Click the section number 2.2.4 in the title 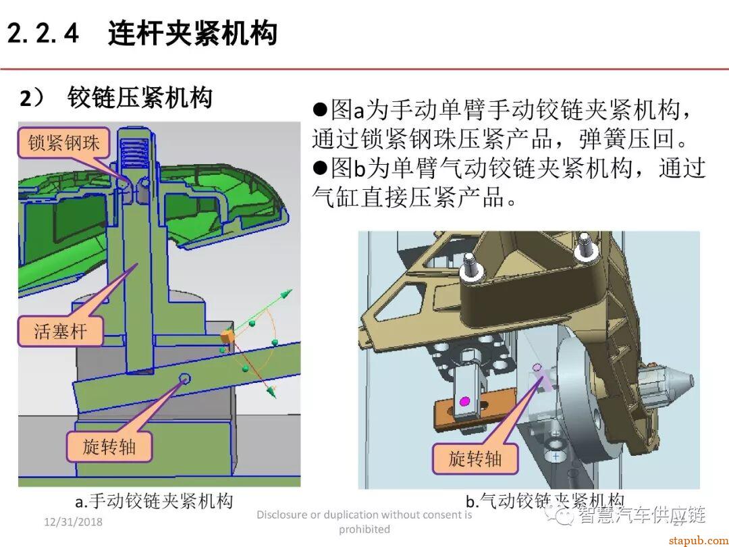[44, 32]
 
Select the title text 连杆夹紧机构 [192, 32]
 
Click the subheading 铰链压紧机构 [140, 99]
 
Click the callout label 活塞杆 [60, 331]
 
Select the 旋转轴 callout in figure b [475, 459]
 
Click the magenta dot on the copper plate [464, 402]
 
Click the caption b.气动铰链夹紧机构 [544, 500]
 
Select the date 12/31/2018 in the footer [72, 523]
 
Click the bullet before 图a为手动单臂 [320, 109]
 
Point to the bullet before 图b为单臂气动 [320, 167]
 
